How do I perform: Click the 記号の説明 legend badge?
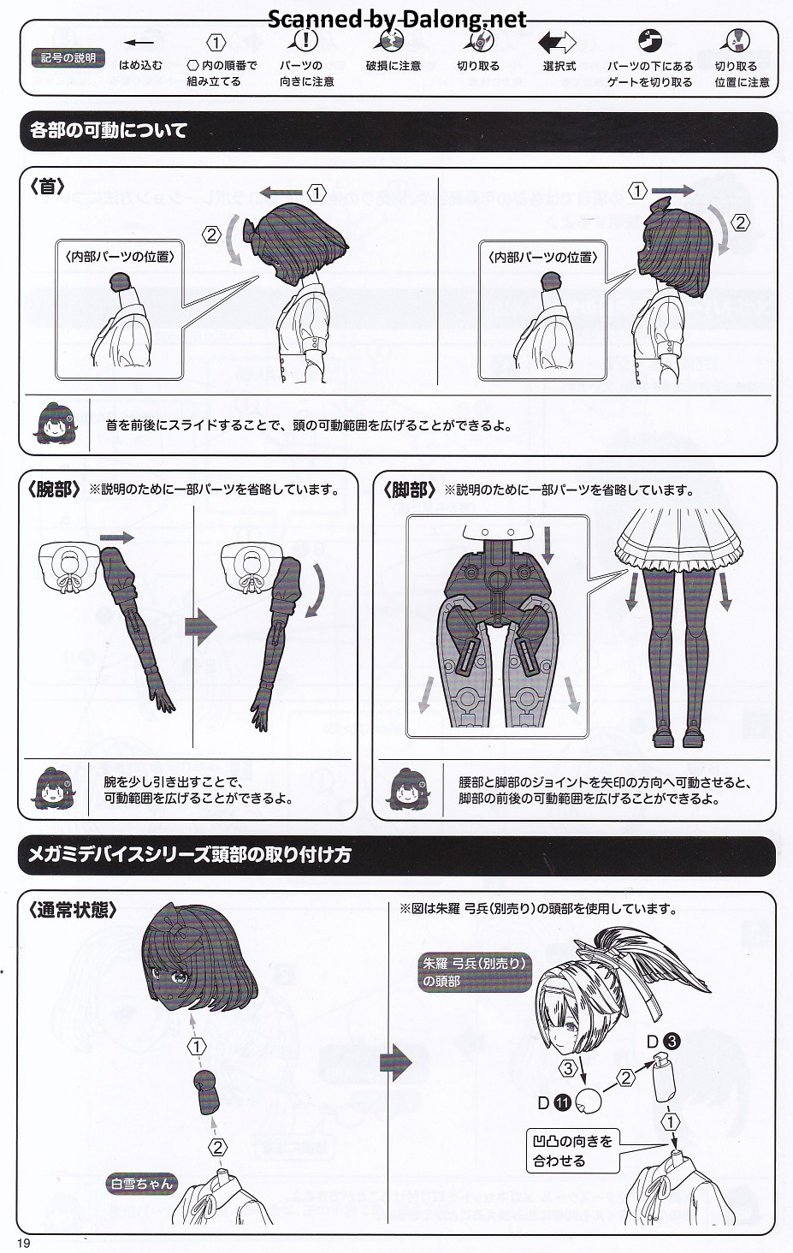(68, 58)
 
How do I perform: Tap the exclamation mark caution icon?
(305, 40)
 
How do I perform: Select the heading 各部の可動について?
(109, 131)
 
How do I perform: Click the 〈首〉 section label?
(48, 187)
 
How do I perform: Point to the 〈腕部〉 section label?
(54, 490)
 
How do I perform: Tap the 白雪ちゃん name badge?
(141, 1184)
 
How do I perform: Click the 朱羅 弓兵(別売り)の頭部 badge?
(474, 972)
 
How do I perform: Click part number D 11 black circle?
(562, 1102)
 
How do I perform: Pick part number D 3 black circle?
(671, 1042)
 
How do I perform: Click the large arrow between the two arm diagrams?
(200, 626)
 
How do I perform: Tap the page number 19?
(23, 1244)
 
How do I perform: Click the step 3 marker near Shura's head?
(568, 1069)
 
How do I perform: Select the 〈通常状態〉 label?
(74, 910)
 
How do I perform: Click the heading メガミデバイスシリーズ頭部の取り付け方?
(190, 854)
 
